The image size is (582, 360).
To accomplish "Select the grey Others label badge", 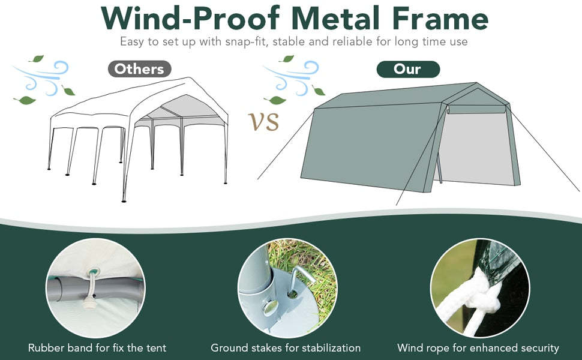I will point(139,69).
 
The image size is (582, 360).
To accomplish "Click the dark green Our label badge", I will point(407,69).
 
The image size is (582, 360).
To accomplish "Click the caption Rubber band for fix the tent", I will point(97,347).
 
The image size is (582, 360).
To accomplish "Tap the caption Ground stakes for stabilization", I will point(286,347).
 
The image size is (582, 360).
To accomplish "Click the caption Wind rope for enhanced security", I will point(478,347).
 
